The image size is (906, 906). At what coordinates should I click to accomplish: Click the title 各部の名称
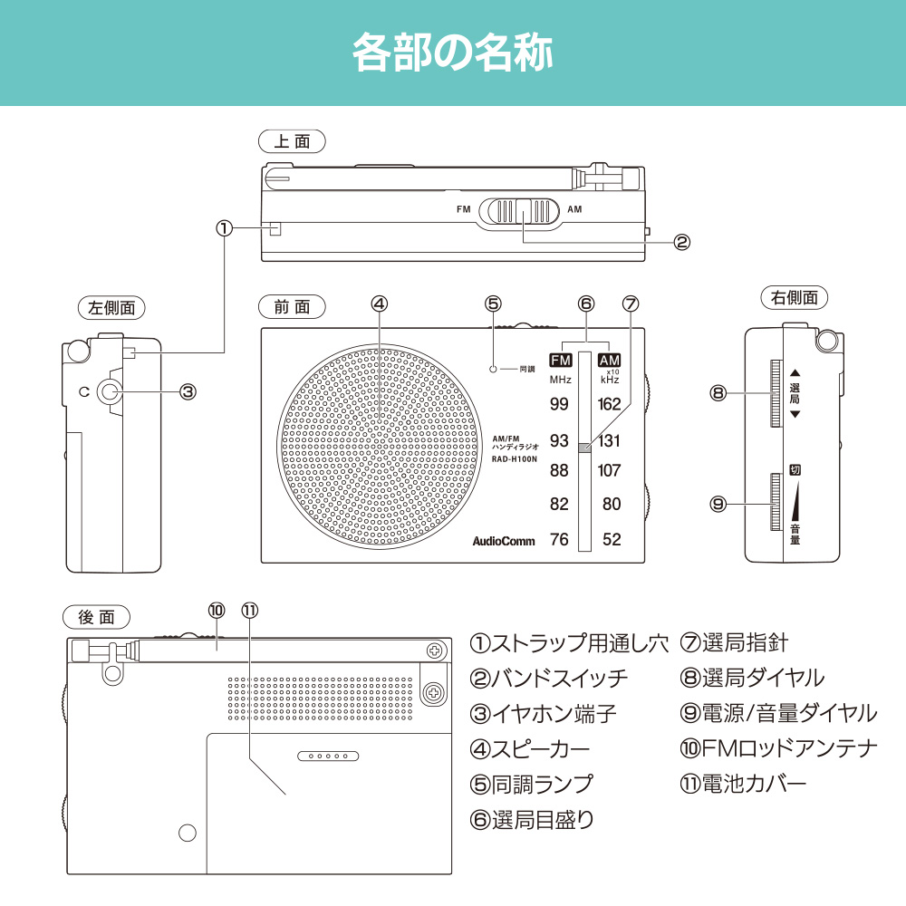[452, 53]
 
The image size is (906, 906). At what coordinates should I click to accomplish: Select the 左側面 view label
[111, 307]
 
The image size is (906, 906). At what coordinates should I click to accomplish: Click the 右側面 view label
[795, 296]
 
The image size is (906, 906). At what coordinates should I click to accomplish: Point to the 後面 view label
[97, 617]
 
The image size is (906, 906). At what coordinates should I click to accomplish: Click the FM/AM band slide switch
[522, 210]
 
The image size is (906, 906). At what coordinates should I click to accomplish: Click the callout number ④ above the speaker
[380, 304]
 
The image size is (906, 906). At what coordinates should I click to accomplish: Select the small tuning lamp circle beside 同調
[493, 369]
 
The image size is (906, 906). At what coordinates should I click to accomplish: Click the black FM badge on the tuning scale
[561, 360]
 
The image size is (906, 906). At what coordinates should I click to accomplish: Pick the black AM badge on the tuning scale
[610, 360]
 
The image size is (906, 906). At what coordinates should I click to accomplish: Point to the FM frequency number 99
[559, 404]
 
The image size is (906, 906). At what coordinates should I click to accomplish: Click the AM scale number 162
[610, 404]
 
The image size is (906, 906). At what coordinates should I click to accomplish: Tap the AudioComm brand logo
[504, 541]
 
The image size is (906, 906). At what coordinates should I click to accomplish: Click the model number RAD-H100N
[515, 459]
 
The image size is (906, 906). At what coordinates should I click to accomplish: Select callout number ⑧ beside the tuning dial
[718, 393]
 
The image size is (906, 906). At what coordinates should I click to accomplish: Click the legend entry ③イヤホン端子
[544, 713]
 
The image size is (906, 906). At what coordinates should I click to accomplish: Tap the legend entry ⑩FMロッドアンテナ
[778, 748]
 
